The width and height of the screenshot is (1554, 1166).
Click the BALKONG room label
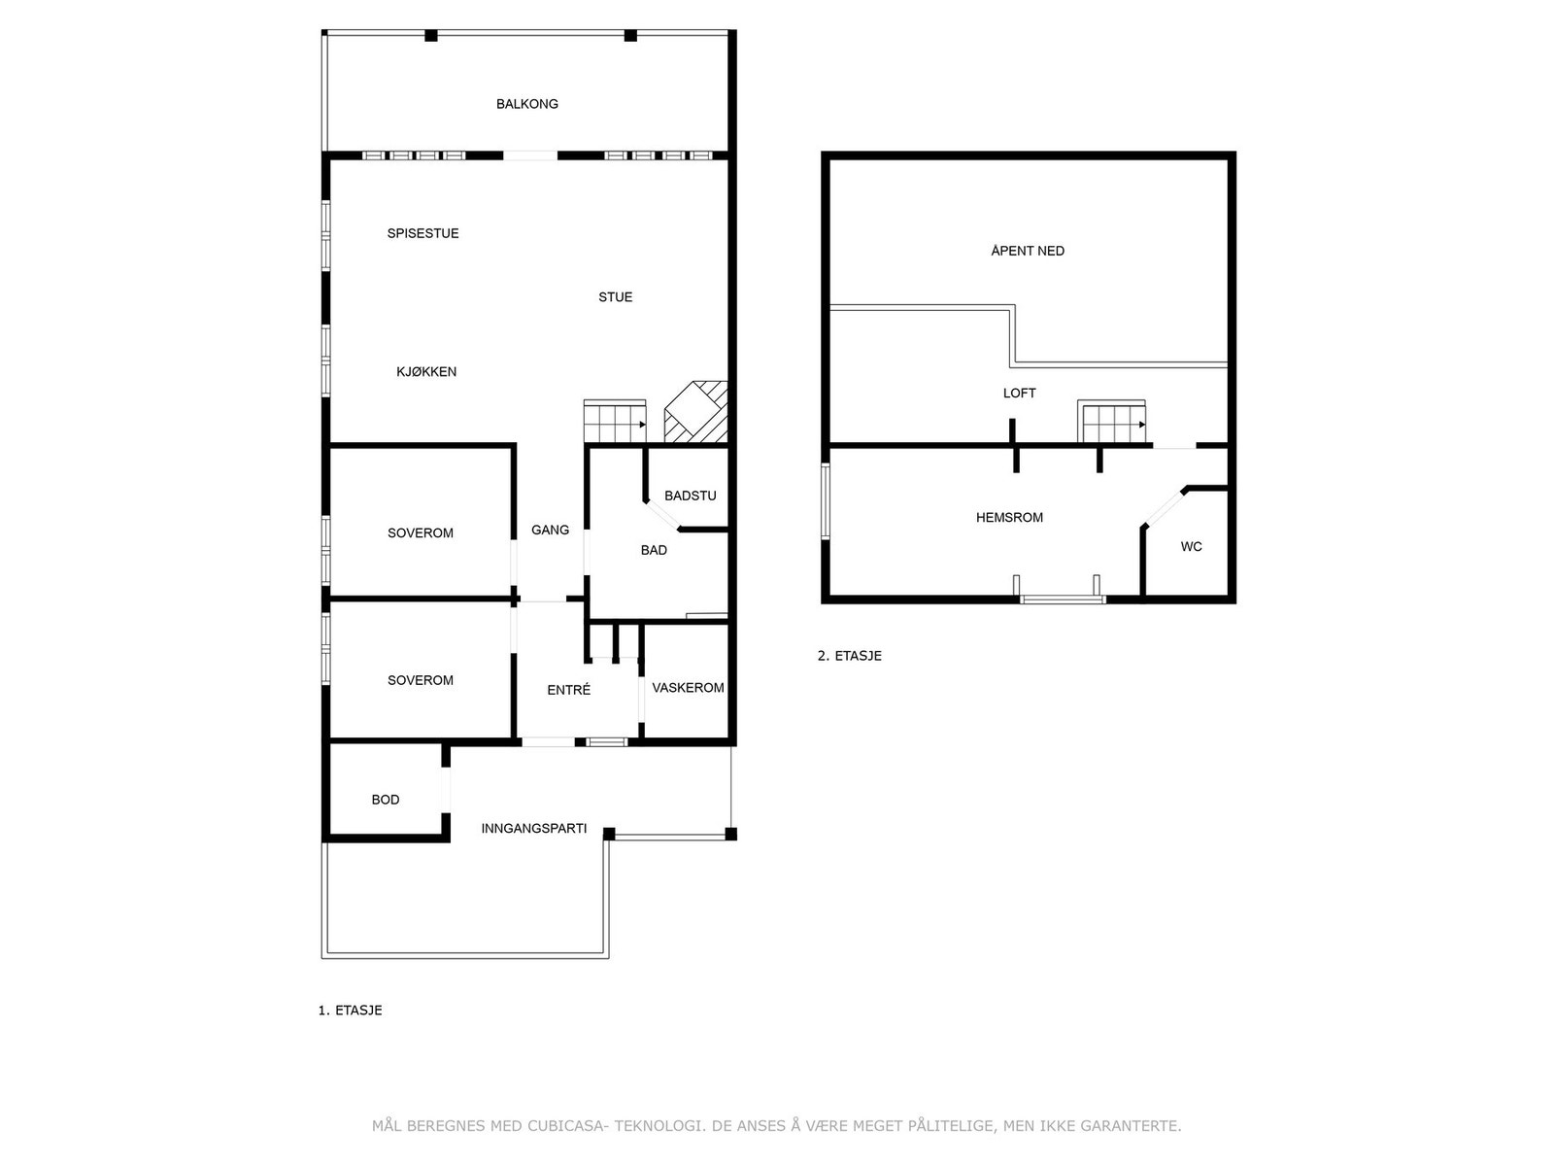pyautogui.click(x=526, y=104)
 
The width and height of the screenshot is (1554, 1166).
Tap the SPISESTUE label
pyautogui.click(x=422, y=233)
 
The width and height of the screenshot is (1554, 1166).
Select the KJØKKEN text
pyautogui.click(x=425, y=371)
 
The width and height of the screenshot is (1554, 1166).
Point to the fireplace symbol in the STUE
pyautogui.click(x=695, y=412)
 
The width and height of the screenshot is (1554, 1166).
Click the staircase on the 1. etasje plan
pyautogui.click(x=614, y=423)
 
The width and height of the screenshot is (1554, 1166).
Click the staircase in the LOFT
pyautogui.click(x=1112, y=423)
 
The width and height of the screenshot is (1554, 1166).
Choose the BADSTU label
pyautogui.click(x=690, y=496)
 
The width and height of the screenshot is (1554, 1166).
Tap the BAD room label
pyautogui.click(x=654, y=550)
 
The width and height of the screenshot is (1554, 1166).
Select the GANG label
pyautogui.click(x=550, y=530)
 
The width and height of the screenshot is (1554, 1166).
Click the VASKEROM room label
pyautogui.click(x=688, y=688)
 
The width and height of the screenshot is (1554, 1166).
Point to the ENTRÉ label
pyautogui.click(x=568, y=690)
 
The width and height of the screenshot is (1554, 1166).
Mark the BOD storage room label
pyautogui.click(x=386, y=800)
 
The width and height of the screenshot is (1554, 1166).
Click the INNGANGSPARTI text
pyautogui.click(x=533, y=829)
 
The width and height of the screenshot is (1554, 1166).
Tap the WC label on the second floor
pyautogui.click(x=1191, y=547)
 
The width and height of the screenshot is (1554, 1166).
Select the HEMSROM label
pyautogui.click(x=1009, y=518)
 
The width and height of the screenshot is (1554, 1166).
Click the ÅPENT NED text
pyautogui.click(x=1028, y=251)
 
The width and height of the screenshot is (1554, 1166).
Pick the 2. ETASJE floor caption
pyautogui.click(x=849, y=656)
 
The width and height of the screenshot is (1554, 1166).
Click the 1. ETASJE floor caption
pyautogui.click(x=350, y=1011)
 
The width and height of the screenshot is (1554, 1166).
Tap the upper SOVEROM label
pyautogui.click(x=420, y=533)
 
